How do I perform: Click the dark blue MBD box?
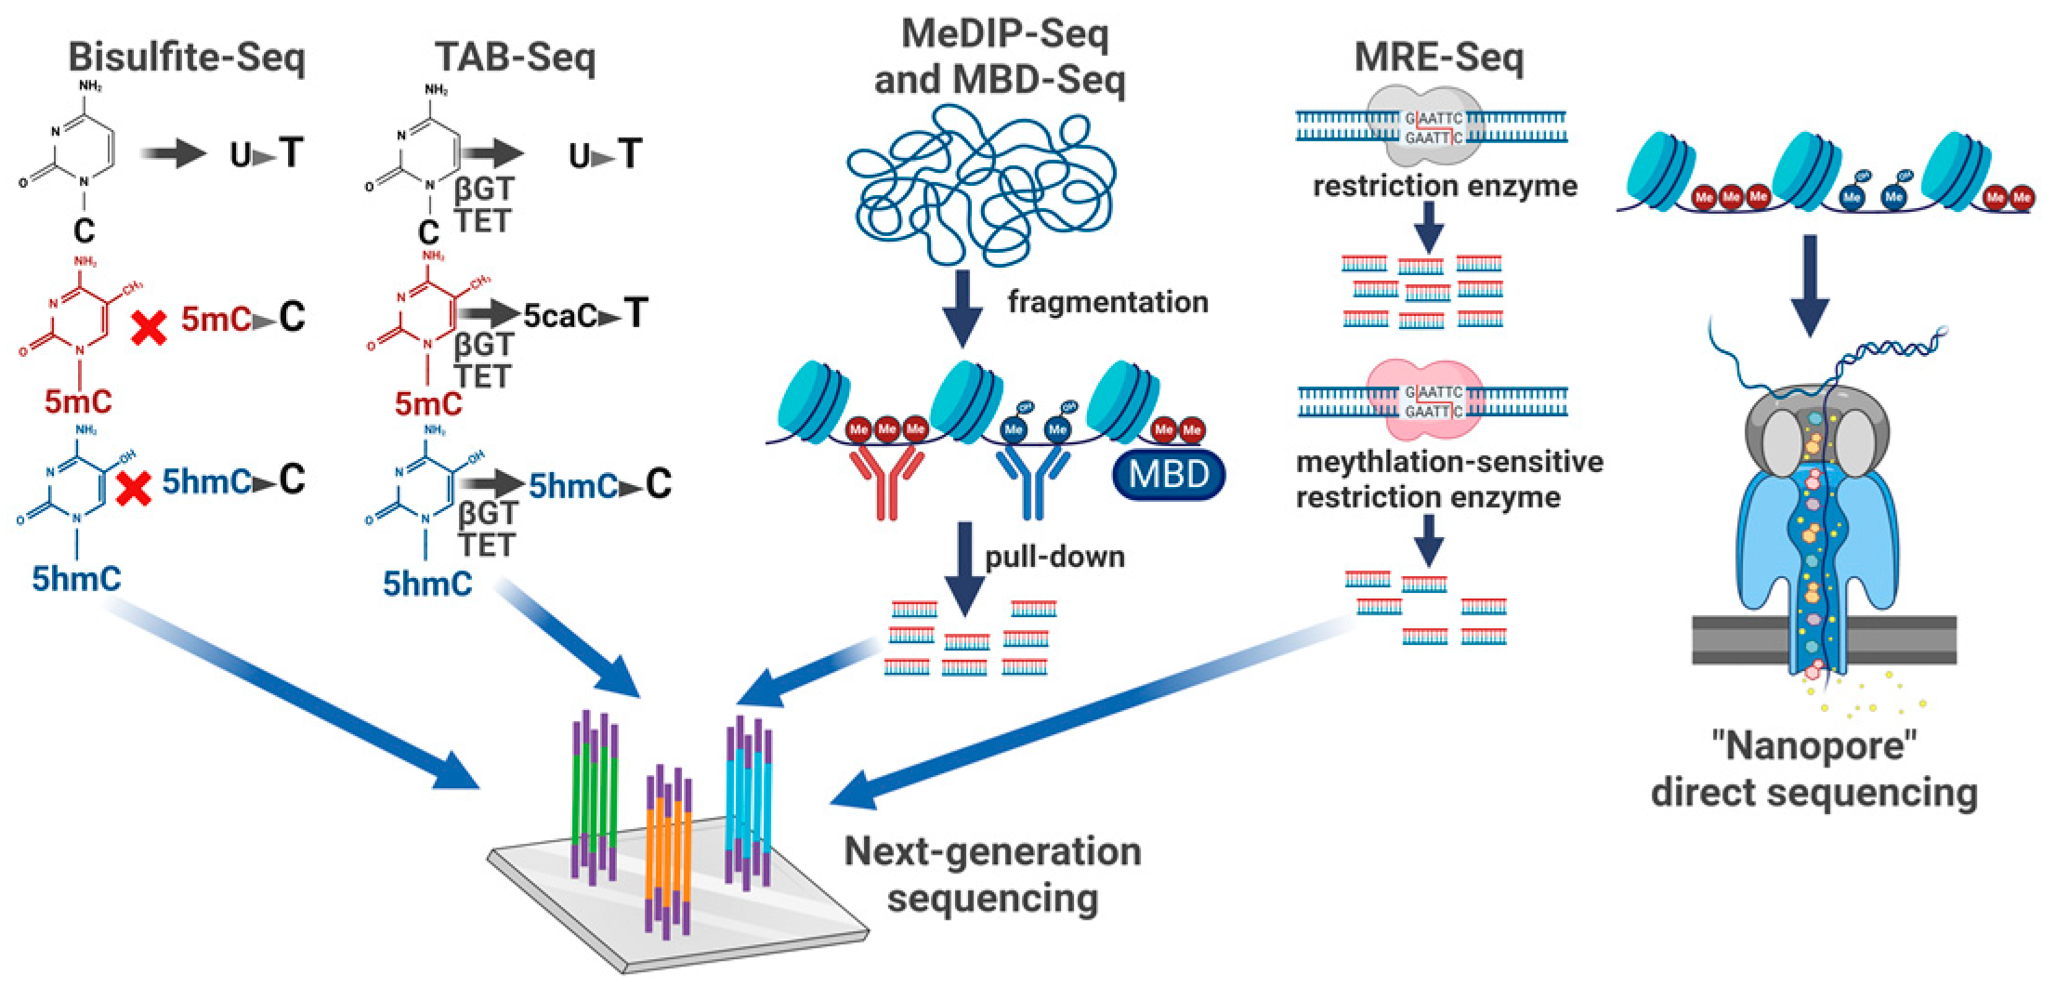pyautogui.click(x=1168, y=475)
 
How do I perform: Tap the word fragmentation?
pyautogui.click(x=1107, y=302)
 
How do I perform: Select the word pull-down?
pyautogui.click(x=1054, y=556)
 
